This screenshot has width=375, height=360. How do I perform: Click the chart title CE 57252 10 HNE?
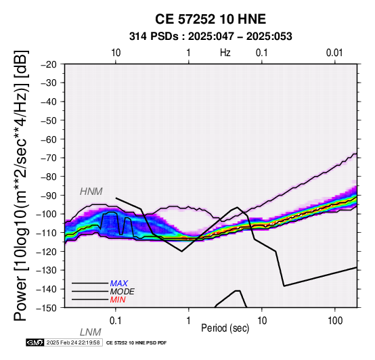(x=211, y=19)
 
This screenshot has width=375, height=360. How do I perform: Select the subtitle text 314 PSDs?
(x=154, y=37)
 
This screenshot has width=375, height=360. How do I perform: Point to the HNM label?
(x=91, y=192)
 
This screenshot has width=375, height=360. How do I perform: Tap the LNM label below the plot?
(x=91, y=332)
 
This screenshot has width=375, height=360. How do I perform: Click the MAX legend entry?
(x=119, y=284)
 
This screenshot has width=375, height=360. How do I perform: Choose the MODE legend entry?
(x=123, y=292)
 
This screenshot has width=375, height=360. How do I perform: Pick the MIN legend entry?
(x=118, y=300)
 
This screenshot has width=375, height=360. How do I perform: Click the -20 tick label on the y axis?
(x=49, y=64)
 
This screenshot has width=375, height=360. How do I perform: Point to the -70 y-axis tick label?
(x=49, y=158)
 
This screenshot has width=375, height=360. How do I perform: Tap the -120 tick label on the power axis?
(x=47, y=252)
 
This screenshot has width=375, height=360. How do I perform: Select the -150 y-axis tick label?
(x=47, y=308)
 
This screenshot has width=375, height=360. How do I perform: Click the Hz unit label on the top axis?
(x=225, y=53)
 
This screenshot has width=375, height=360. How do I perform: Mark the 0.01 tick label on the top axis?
(x=334, y=53)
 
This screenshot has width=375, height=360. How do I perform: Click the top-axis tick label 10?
(x=116, y=53)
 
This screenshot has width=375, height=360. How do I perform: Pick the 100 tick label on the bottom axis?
(x=335, y=321)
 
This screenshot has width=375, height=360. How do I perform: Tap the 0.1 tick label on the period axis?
(x=115, y=321)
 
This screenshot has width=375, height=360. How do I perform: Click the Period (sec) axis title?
(x=225, y=328)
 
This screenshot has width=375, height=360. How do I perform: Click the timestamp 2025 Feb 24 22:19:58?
(x=73, y=342)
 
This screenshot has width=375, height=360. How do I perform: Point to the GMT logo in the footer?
(x=35, y=342)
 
